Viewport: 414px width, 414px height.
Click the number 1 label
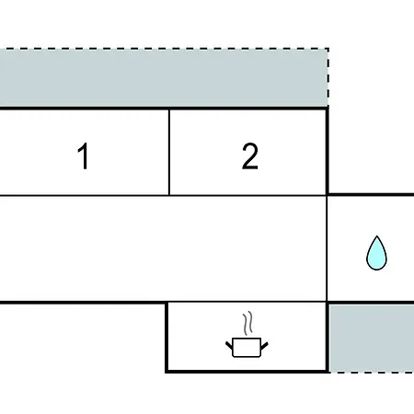84,155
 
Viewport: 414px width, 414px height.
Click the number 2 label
250,155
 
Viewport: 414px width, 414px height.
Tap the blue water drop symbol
376,253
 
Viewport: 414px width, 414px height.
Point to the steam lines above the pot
248,324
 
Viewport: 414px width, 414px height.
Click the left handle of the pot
229,346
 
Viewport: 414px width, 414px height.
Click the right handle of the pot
264,346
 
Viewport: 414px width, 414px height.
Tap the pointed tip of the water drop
377,236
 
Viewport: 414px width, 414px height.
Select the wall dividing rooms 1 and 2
169,152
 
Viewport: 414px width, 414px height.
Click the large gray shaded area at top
164,78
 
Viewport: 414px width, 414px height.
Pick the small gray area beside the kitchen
372,339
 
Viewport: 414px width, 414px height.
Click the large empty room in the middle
163,248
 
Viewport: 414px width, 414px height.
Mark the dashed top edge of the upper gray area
165,49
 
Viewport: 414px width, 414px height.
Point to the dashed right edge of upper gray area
328,77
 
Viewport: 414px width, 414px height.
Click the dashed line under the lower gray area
372,373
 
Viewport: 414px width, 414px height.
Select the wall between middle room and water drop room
328,248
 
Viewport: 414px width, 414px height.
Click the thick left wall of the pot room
167,338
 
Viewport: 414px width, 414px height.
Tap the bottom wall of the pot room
247,372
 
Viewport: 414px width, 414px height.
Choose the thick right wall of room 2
328,151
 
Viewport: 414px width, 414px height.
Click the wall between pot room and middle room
247,303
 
